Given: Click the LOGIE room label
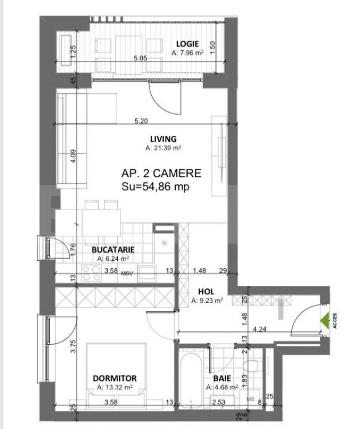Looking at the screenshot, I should coord(188,44).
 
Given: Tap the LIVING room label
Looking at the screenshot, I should coord(163,139).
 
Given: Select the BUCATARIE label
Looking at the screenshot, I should coord(113,250).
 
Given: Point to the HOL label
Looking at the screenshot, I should coord(207,292).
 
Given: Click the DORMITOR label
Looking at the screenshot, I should coord(114,378).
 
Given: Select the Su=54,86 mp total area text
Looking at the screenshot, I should coord(156,187).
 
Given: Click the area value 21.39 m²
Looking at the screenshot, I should coord(164,149).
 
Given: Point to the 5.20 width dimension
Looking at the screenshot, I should coord(142,120).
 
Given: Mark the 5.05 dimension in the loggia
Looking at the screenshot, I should coord(140,58).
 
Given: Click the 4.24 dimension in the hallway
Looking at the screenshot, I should coord(260,330).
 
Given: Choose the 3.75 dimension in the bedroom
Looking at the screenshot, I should coord(73,348).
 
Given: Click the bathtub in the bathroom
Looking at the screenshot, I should coord(193,380).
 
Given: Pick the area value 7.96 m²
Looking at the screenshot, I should coord(188,54).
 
